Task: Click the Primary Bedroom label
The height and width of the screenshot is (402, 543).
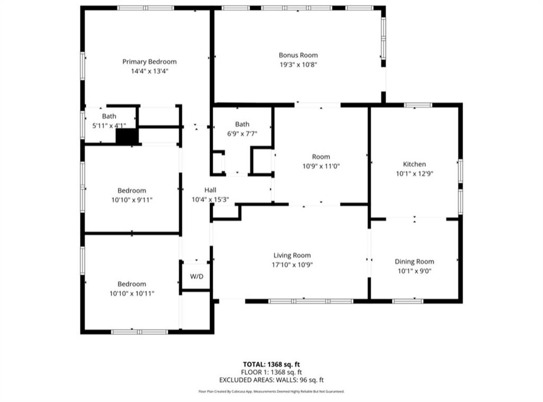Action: [149, 62]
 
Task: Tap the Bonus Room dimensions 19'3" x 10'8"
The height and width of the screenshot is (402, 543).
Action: [298, 65]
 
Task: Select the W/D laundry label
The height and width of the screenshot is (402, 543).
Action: [196, 276]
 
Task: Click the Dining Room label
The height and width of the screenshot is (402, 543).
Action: [414, 261]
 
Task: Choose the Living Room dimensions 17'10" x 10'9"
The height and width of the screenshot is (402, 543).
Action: [292, 265]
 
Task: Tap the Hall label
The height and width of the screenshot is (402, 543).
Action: [210, 190]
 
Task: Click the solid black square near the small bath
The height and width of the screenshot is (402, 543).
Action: [127, 136]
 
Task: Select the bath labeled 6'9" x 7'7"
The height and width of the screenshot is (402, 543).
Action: [242, 124]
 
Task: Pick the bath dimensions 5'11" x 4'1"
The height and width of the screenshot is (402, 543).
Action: [109, 126]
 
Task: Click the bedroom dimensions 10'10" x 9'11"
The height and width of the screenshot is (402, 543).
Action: [132, 200]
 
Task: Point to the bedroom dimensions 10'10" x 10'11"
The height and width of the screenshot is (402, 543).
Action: [132, 293]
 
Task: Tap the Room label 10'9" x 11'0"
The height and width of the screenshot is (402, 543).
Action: [321, 156]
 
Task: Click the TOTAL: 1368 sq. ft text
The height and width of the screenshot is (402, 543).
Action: [271, 364]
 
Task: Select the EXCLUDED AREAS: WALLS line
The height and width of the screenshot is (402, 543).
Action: [271, 380]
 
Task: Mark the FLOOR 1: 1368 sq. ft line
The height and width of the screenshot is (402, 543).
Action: [271, 372]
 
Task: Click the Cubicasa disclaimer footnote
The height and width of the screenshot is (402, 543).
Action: [271, 391]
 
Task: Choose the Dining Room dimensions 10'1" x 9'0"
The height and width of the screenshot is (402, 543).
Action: [414, 271]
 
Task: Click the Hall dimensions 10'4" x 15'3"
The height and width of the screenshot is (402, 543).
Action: [210, 199]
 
